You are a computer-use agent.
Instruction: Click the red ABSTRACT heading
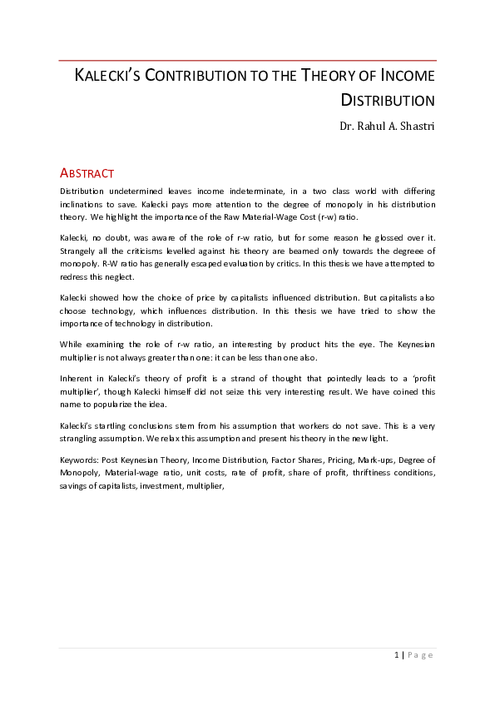pyautogui.click(x=87, y=173)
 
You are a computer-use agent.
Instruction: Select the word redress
pyautogui.click(x=72, y=276)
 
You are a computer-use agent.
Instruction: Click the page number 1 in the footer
pyautogui.click(x=396, y=655)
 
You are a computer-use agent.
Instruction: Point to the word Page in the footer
pyautogui.click(x=421, y=655)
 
